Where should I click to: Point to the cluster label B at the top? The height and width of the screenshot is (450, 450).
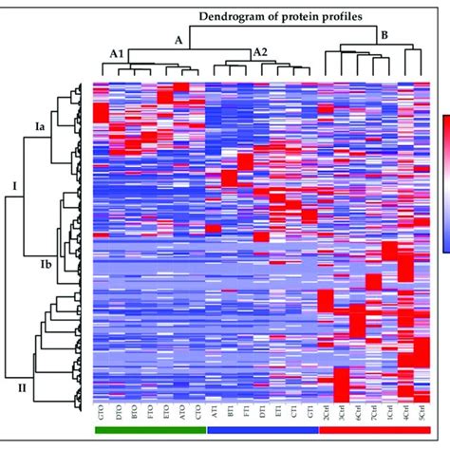pos(384,37)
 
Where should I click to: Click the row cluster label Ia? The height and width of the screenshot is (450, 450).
pos(39,124)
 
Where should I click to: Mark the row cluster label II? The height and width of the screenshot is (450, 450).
pos(22,388)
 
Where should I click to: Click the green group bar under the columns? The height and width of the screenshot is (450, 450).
pos(150,430)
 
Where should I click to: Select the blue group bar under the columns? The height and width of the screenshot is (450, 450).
pos(261,430)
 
